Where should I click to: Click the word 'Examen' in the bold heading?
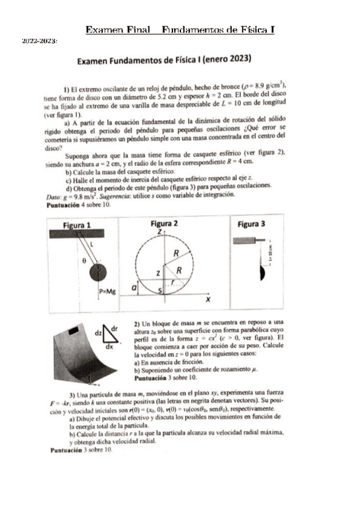coord(94,60)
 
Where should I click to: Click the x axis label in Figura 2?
coord(207,298)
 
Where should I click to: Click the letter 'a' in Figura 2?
coord(133,289)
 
